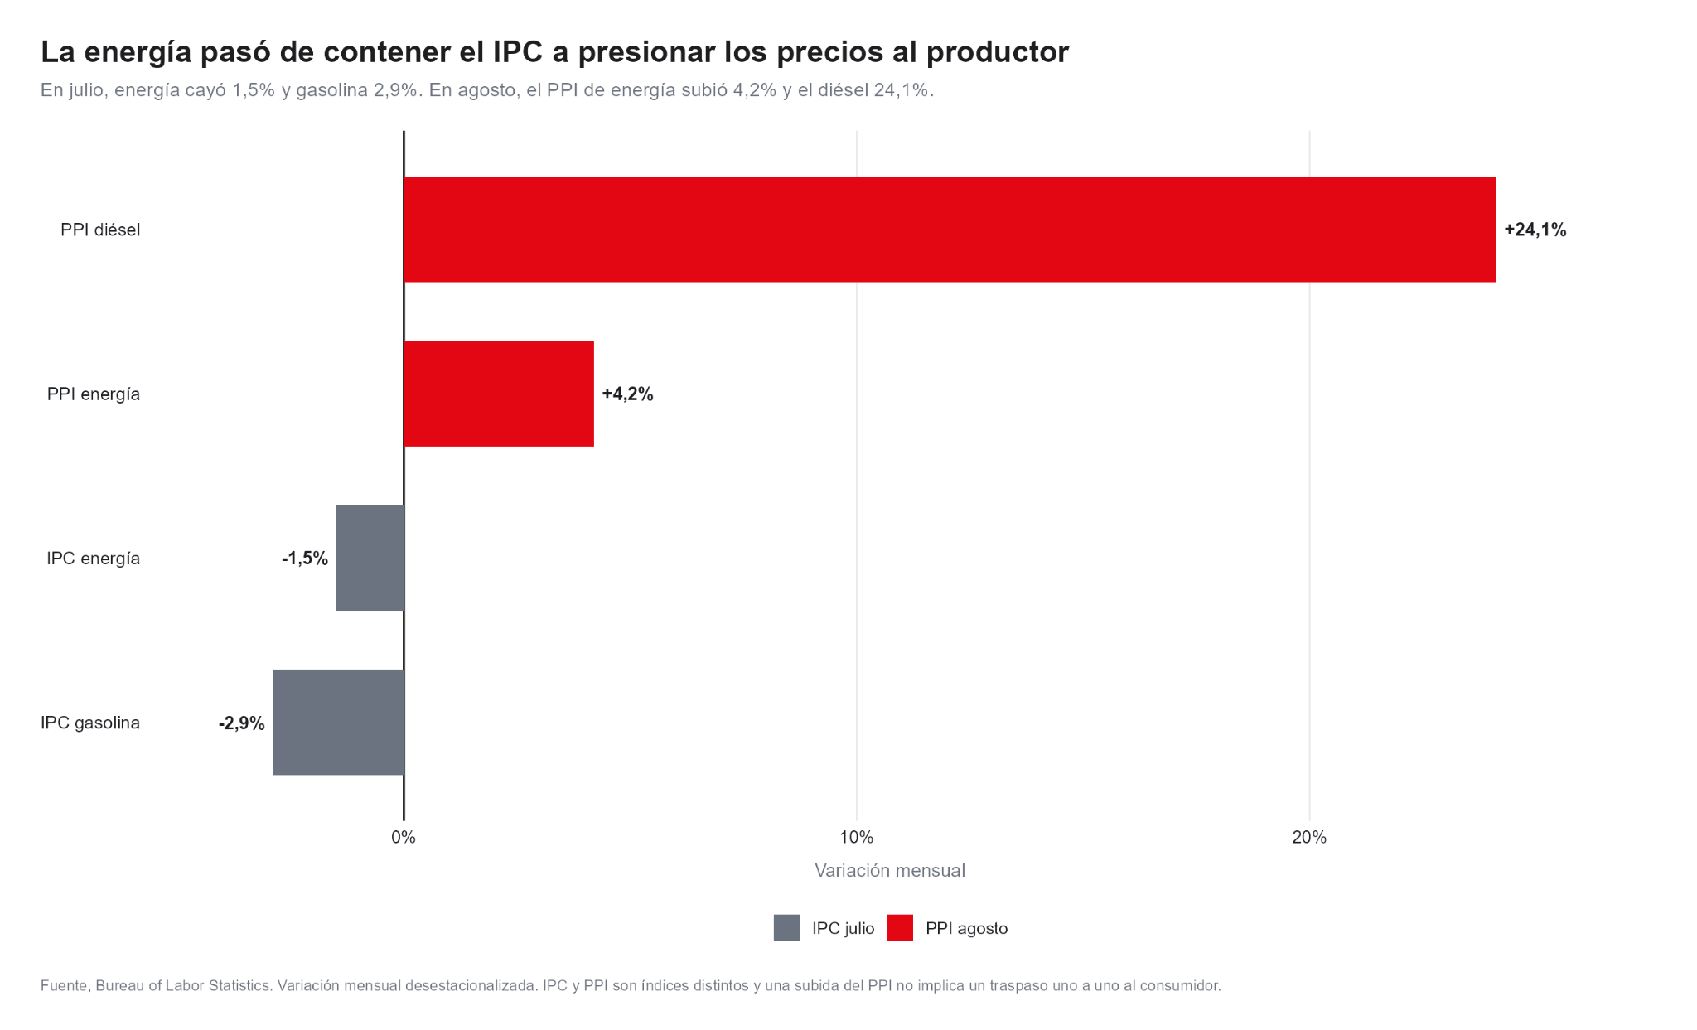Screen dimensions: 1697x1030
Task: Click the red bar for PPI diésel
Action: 950,230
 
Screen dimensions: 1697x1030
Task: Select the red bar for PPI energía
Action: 499,394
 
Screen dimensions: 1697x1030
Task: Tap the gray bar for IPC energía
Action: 370,558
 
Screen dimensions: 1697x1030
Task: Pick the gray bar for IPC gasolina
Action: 338,723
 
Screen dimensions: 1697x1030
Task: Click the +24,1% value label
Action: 1535,230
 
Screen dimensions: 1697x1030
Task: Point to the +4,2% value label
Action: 627,394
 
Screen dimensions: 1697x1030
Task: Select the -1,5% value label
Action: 305,559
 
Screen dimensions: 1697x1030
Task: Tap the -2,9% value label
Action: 242,723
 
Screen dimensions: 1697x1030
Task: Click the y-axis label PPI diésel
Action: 100,230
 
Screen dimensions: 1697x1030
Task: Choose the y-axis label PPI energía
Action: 94,394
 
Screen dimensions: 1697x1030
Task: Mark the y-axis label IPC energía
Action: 94,559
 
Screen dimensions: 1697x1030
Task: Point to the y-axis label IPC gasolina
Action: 90,723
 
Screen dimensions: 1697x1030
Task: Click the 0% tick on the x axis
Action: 404,837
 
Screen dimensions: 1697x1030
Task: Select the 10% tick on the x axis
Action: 857,837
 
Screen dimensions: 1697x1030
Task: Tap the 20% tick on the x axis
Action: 1309,837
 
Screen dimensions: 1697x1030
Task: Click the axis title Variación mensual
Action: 890,870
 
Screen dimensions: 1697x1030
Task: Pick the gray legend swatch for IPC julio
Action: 787,928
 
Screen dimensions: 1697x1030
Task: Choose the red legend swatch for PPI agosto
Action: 900,928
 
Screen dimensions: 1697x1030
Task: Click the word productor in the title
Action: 998,52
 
